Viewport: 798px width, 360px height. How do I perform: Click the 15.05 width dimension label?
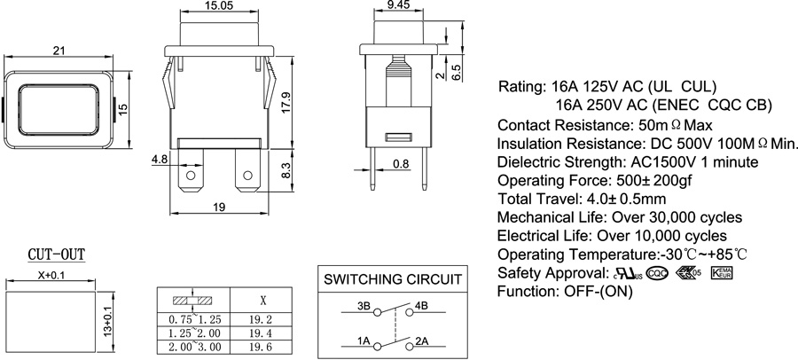click(219, 6)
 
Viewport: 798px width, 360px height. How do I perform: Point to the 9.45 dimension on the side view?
click(399, 6)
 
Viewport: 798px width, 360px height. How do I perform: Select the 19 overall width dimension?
click(218, 206)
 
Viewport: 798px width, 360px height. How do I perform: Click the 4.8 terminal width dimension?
click(160, 160)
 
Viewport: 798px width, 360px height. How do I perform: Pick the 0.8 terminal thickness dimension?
click(400, 163)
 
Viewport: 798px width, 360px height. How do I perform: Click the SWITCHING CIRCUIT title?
click(393, 279)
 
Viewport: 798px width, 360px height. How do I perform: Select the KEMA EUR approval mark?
click(724, 272)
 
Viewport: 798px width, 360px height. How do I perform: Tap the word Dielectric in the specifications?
click(529, 162)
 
